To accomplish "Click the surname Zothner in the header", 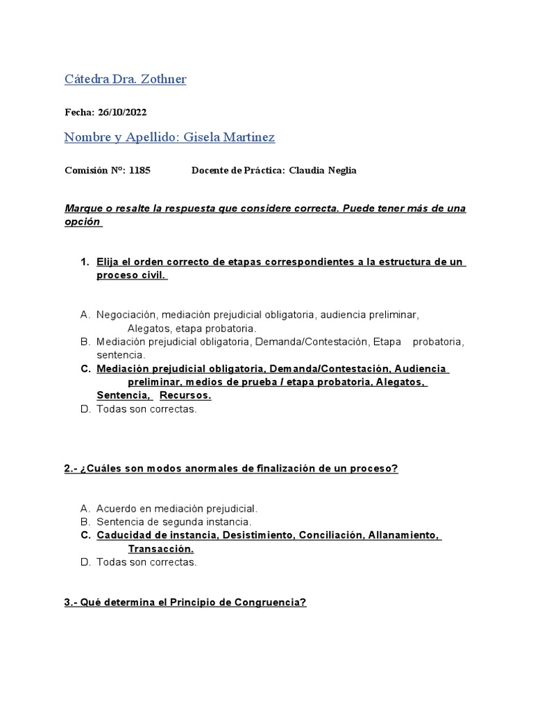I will pyautogui.click(x=163, y=79).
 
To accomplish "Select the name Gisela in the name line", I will pyautogui.click(x=204, y=137).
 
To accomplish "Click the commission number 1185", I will pyautogui.click(x=139, y=170).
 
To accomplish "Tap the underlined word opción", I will pyautogui.click(x=83, y=222).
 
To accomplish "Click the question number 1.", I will pyautogui.click(x=84, y=262).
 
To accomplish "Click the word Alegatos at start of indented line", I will pyautogui.click(x=149, y=328).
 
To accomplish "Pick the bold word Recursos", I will pyautogui.click(x=185, y=395).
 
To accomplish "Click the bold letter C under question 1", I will pyautogui.click(x=85, y=369).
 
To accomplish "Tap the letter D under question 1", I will pyautogui.click(x=85, y=409).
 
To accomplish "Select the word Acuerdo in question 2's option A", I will pyautogui.click(x=116, y=508).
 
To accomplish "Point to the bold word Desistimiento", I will pyautogui.click(x=257, y=535).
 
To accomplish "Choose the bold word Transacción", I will pyautogui.click(x=161, y=548).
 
